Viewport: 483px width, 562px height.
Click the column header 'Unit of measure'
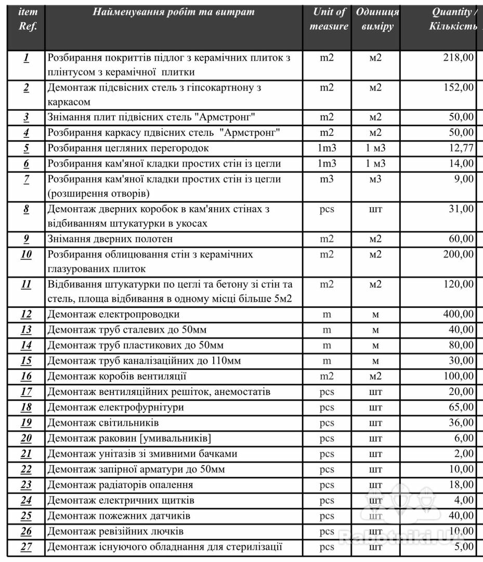(329, 19)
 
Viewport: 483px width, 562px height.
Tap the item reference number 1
(26, 58)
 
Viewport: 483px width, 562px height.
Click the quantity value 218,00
(458, 58)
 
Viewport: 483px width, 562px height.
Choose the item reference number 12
(26, 314)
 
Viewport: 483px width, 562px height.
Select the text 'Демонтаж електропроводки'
(114, 314)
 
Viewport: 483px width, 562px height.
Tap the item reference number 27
(26, 546)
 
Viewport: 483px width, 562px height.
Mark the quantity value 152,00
(458, 87)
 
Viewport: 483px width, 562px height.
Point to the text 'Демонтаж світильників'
(103, 423)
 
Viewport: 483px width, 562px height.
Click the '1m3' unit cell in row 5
(327, 148)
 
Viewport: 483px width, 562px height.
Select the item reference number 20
(26, 438)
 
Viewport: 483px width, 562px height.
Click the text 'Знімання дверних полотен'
(110, 239)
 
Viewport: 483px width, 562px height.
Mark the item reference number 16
(26, 376)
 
